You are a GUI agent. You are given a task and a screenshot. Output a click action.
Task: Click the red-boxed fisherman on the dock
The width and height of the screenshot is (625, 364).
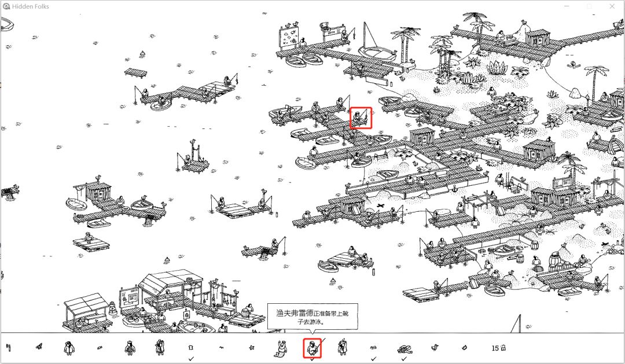tap(360, 119)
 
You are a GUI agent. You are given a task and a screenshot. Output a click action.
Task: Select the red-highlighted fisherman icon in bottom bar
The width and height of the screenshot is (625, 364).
tap(312, 348)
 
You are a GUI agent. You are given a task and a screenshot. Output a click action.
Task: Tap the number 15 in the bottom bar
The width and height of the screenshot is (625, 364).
tap(495, 348)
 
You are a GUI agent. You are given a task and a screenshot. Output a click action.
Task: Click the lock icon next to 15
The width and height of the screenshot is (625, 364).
tap(503, 348)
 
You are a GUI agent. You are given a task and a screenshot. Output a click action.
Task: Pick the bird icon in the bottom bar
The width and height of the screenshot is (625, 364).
tap(434, 348)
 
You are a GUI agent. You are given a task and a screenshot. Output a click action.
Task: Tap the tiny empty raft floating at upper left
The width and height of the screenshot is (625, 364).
tap(137, 72)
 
